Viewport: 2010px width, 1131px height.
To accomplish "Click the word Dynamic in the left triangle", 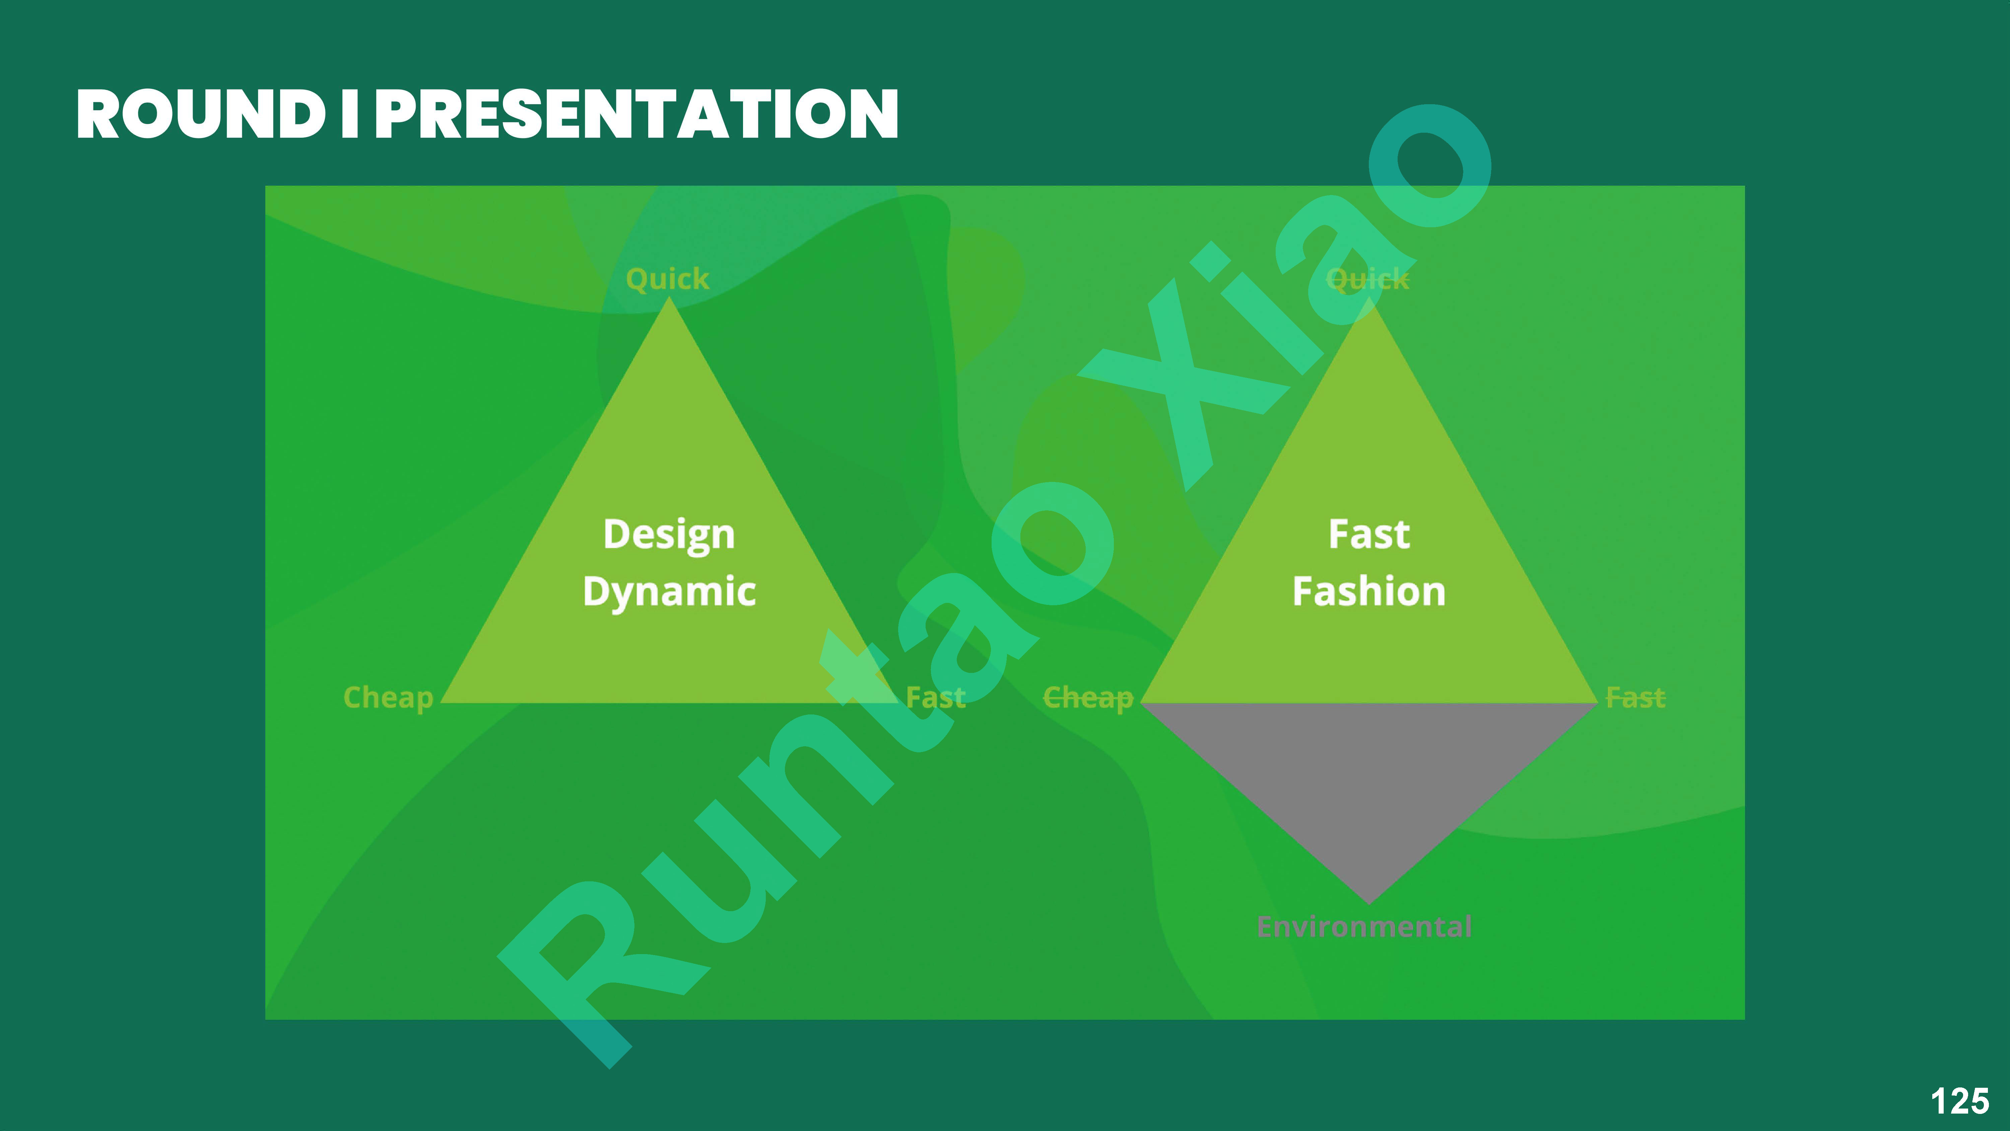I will (x=669, y=591).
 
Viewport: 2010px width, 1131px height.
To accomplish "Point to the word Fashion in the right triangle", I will (x=1368, y=591).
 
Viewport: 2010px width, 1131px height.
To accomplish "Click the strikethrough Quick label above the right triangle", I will (x=1368, y=279).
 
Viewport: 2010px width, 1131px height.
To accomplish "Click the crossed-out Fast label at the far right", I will (x=1635, y=697).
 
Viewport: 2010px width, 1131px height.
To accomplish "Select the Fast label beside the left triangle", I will (x=936, y=697).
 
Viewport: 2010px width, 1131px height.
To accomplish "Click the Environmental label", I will (x=1364, y=927).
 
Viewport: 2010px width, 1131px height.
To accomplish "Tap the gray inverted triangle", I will (x=1368, y=773).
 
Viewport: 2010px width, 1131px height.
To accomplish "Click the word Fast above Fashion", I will (x=1368, y=535).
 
